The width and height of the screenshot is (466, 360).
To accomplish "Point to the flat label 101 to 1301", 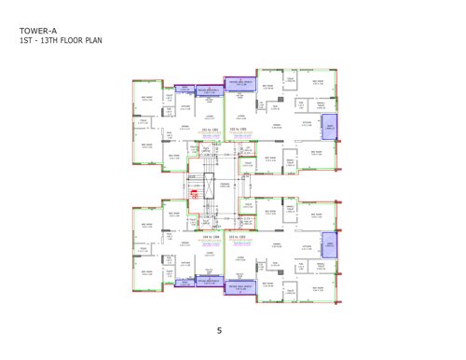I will click(x=211, y=130).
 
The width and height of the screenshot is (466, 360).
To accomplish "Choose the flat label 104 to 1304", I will click(x=211, y=238).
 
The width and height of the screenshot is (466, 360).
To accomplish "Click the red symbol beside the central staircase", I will click(x=195, y=195).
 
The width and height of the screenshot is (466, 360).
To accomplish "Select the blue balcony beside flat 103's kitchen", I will click(x=329, y=246).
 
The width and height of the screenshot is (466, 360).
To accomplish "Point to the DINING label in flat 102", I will click(x=276, y=123).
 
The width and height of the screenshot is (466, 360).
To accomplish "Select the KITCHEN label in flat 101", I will click(x=171, y=106).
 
